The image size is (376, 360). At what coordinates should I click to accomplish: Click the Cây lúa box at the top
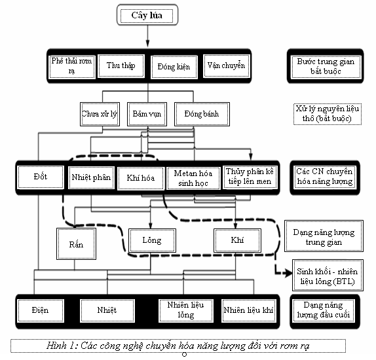pyautogui.click(x=147, y=15)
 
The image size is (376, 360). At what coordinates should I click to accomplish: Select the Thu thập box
pyautogui.click(x=121, y=66)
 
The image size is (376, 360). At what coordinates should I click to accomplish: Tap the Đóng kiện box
pyautogui.click(x=174, y=67)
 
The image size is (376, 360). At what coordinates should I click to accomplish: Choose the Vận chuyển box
pyautogui.click(x=227, y=66)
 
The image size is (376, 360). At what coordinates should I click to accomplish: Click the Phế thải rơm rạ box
pyautogui.click(x=71, y=67)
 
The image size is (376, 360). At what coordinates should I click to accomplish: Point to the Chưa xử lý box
pyautogui.click(x=100, y=114)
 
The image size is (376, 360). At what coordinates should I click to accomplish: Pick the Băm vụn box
pyautogui.click(x=147, y=114)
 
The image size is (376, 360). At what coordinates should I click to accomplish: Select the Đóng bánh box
pyautogui.click(x=202, y=114)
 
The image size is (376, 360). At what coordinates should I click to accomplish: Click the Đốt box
pyautogui.click(x=41, y=177)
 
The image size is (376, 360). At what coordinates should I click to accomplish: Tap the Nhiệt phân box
pyautogui.click(x=91, y=177)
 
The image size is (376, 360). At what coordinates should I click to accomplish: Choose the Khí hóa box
pyautogui.click(x=141, y=178)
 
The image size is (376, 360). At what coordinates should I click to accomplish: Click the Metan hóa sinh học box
pyautogui.click(x=193, y=178)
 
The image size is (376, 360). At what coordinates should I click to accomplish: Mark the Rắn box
pyautogui.click(x=76, y=243)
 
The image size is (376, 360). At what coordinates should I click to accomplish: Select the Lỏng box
pyautogui.click(x=152, y=240)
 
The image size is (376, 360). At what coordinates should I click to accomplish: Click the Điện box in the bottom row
pyautogui.click(x=41, y=311)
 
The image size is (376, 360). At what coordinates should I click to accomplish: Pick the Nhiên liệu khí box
pyautogui.click(x=248, y=311)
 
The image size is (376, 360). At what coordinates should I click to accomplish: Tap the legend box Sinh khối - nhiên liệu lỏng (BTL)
pyautogui.click(x=328, y=275)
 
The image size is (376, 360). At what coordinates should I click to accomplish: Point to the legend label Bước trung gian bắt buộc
pyautogui.click(x=326, y=67)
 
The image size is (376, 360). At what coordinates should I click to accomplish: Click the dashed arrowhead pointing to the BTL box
pyautogui.click(x=288, y=273)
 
